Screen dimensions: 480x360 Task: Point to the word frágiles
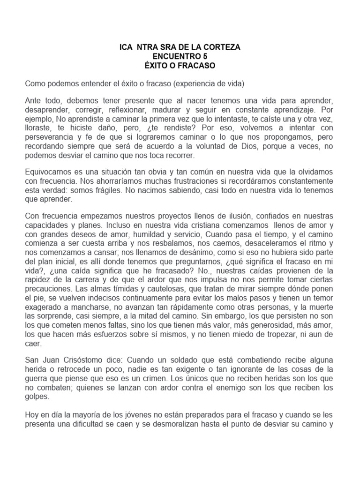tap(133, 190)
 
